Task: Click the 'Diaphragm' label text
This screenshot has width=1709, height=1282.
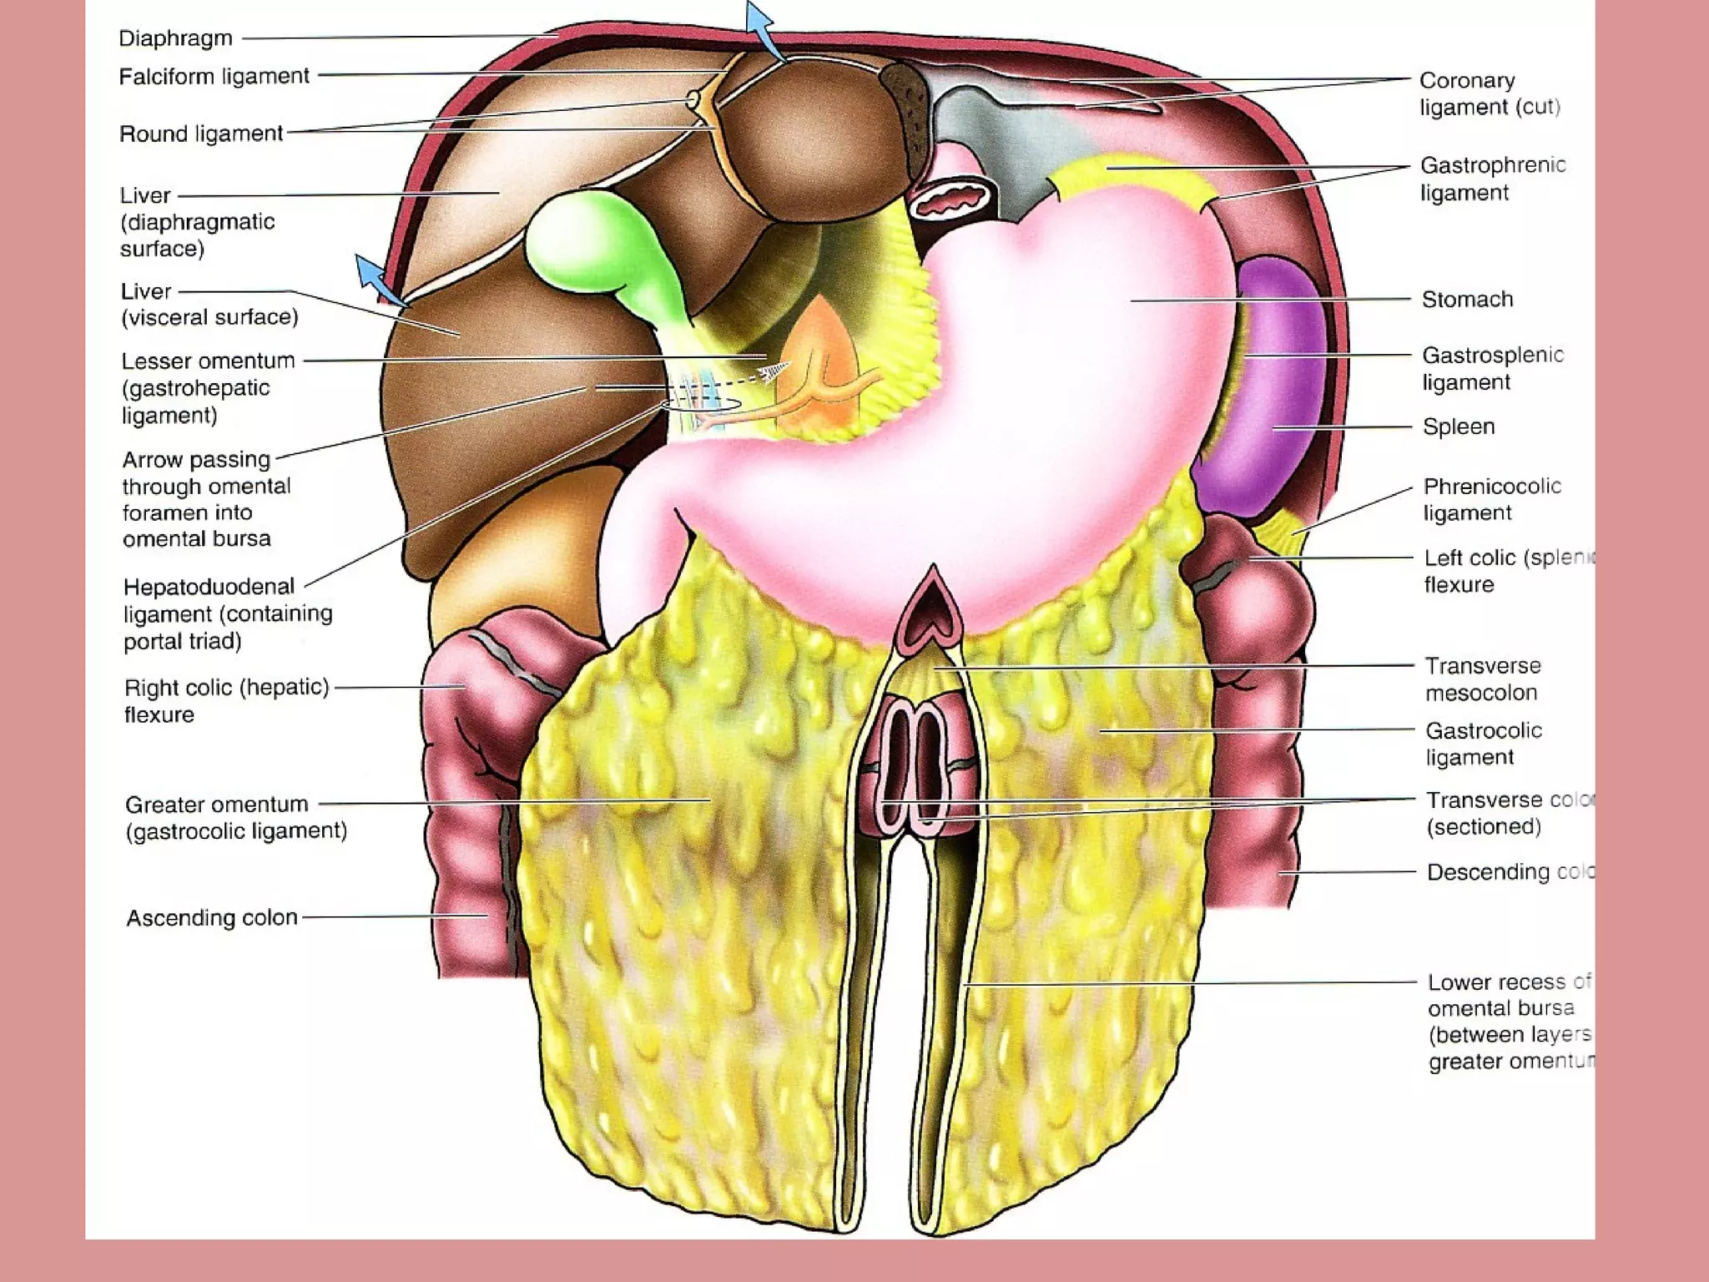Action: pyautogui.click(x=175, y=38)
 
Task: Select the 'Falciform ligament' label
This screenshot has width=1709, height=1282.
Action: pyautogui.click(x=214, y=76)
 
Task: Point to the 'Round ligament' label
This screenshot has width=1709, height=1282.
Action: pyautogui.click(x=201, y=134)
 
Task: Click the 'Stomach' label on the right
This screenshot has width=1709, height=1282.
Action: pyautogui.click(x=1467, y=299)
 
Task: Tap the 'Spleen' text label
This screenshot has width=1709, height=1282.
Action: pyautogui.click(x=1458, y=426)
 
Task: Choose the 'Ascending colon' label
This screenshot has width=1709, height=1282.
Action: pyautogui.click(x=212, y=917)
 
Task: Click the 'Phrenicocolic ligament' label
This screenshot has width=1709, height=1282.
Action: pyautogui.click(x=1491, y=499)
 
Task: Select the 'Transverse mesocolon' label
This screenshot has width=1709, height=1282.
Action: pyautogui.click(x=1482, y=679)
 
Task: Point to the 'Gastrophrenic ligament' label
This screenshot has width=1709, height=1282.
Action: pyautogui.click(x=1492, y=179)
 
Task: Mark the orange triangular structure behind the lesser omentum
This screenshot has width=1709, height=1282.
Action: pyautogui.click(x=822, y=367)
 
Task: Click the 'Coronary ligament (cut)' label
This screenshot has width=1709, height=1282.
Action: pyautogui.click(x=1489, y=93)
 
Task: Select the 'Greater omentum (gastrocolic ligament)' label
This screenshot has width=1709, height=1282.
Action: pyautogui.click(x=235, y=817)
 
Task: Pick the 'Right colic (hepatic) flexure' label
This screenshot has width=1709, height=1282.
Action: pyautogui.click(x=226, y=700)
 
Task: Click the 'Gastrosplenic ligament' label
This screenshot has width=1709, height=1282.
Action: pyautogui.click(x=1492, y=368)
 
